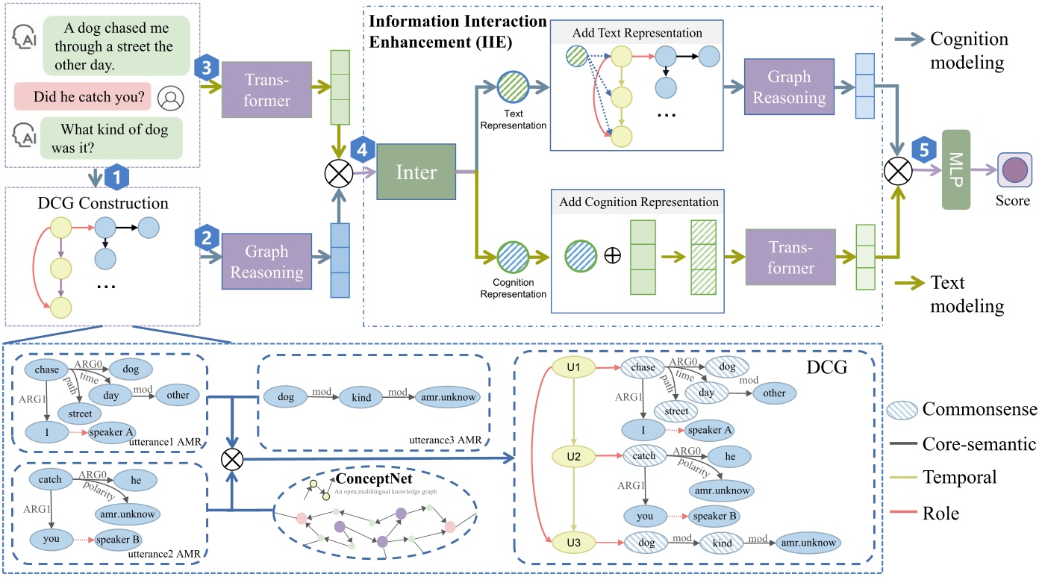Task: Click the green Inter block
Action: [x=416, y=172]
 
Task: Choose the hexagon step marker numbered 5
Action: [x=923, y=149]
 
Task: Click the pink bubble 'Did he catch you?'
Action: [x=84, y=96]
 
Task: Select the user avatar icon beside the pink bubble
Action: [x=173, y=97]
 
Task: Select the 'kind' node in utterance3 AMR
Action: [x=356, y=396]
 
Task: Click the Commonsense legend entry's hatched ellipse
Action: [x=901, y=409]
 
